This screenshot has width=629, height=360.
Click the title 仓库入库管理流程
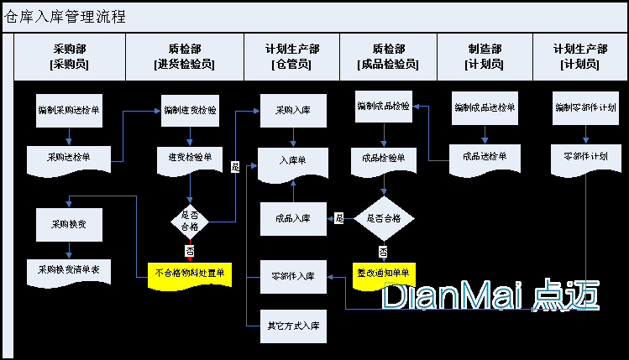click(66, 17)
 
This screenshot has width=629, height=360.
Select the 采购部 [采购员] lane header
click(70, 56)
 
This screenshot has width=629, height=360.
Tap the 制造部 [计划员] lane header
click(485, 56)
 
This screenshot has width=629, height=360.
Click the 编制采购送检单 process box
click(70, 110)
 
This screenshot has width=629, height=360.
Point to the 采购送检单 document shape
click(70, 157)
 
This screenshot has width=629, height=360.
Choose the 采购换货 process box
click(70, 224)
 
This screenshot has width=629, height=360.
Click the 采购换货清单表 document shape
click(70, 271)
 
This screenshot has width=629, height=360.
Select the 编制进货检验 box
click(191, 110)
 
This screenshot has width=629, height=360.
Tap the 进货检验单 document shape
click(191, 157)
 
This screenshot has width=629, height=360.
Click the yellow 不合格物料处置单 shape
click(191, 273)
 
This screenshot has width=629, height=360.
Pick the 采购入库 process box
click(293, 110)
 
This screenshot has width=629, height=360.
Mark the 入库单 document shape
click(293, 160)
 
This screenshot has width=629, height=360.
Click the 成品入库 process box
click(293, 218)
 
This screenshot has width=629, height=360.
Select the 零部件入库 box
click(293, 276)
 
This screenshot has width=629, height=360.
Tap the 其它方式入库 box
click(293, 325)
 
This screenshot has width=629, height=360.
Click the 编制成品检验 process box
click(384, 107)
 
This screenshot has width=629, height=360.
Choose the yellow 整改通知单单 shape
click(384, 274)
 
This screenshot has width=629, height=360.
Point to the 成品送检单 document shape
click(485, 157)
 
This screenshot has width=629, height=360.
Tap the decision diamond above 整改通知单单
click(384, 218)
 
